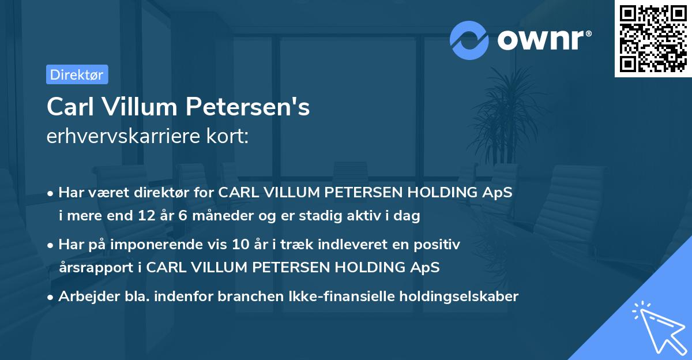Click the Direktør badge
pyautogui.click(x=77, y=74)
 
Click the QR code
pyautogui.click(x=652, y=39)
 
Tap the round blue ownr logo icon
pyautogui.click(x=469, y=40)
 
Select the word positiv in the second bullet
pyautogui.click(x=440, y=245)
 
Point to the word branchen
pyautogui.click(x=259, y=297)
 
